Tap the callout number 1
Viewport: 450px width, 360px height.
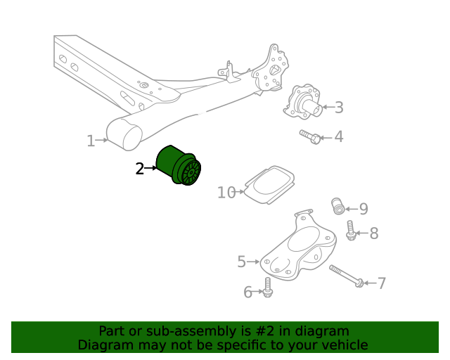point(91,141)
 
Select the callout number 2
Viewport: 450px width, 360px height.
point(140,168)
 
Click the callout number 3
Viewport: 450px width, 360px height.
point(339,108)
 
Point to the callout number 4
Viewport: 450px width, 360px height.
point(339,136)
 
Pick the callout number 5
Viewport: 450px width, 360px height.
point(242,262)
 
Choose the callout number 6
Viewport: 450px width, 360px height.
point(247,292)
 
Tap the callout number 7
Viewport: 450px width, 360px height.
point(382,283)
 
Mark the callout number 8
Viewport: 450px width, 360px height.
point(374,233)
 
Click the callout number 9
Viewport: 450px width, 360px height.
point(364,208)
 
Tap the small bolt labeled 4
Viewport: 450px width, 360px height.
point(310,136)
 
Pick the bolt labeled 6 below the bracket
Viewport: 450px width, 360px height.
point(268,287)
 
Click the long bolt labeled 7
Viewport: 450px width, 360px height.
point(345,276)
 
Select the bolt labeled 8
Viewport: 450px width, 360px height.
point(351,229)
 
